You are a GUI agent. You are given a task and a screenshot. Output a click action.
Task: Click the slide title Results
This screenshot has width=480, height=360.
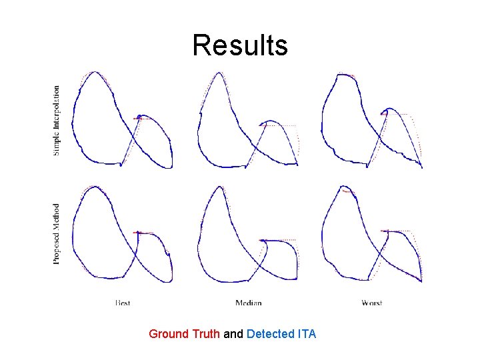240,45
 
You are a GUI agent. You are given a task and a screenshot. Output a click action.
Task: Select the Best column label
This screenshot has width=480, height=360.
123,303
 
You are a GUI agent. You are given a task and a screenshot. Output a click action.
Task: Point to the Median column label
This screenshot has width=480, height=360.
248,303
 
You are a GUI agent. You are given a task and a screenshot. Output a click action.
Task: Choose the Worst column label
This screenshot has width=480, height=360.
371,303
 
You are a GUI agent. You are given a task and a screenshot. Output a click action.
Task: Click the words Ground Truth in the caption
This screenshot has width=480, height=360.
184,333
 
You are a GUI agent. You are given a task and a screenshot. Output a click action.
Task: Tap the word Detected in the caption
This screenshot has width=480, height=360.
269,333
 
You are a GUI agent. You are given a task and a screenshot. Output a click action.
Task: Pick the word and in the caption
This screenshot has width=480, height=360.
233,333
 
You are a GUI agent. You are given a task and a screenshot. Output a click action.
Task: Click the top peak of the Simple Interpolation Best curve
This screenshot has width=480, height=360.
95,72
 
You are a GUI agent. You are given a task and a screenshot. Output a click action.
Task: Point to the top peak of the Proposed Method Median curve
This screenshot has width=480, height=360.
218,187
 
